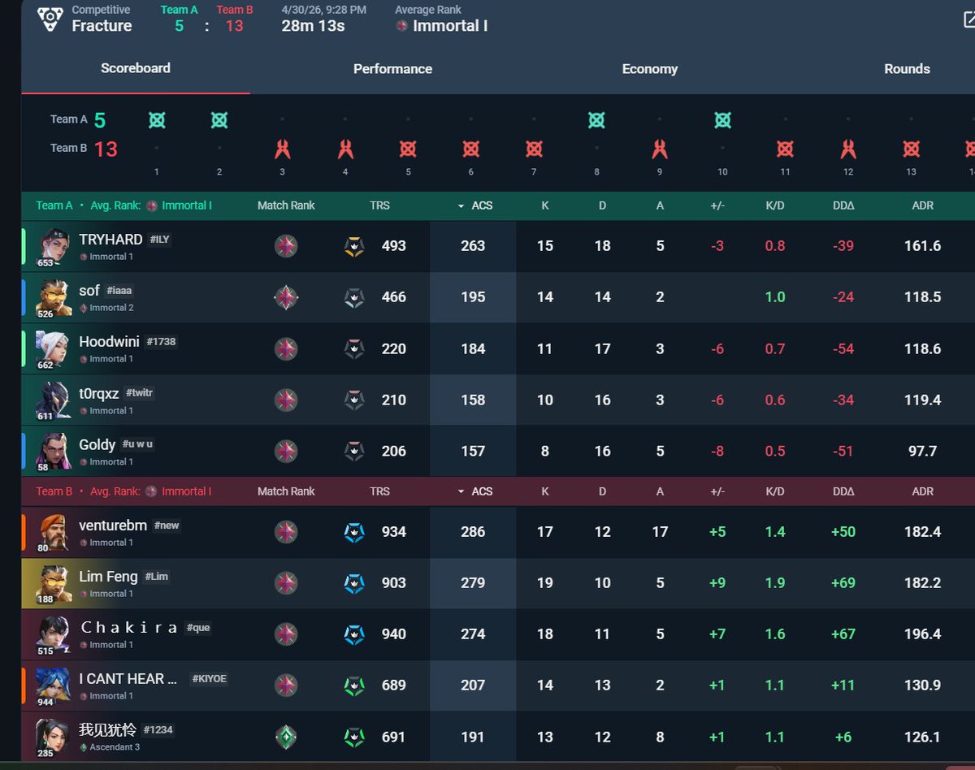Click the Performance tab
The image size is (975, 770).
[392, 69]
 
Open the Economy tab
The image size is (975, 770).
[650, 69]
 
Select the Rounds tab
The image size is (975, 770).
[907, 69]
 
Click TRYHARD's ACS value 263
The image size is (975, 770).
[473, 246]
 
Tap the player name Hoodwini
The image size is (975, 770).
[109, 341]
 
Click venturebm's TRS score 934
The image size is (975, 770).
[393, 532]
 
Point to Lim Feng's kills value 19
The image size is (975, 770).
[544, 583]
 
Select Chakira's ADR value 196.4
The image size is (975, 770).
[922, 634]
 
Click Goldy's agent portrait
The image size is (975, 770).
[54, 451]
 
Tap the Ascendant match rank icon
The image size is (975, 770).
[286, 737]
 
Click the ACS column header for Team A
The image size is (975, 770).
[482, 205]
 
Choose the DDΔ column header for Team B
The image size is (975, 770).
[843, 491]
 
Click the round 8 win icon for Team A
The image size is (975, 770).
[596, 120]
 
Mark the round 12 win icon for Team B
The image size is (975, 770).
[848, 149]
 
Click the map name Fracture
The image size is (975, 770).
[102, 26]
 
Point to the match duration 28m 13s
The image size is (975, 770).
[313, 26]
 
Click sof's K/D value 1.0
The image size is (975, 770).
[775, 297]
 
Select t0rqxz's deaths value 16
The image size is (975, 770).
[602, 400]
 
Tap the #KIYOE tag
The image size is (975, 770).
[209, 678]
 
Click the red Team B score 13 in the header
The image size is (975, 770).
[234, 26]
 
